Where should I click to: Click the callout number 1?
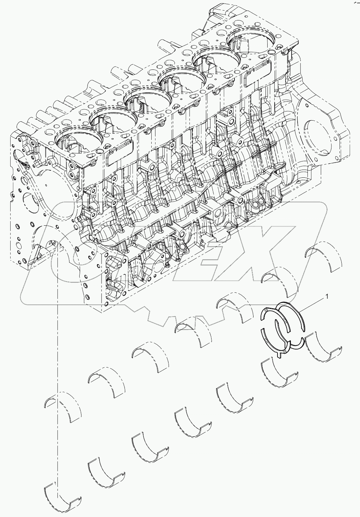327,297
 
